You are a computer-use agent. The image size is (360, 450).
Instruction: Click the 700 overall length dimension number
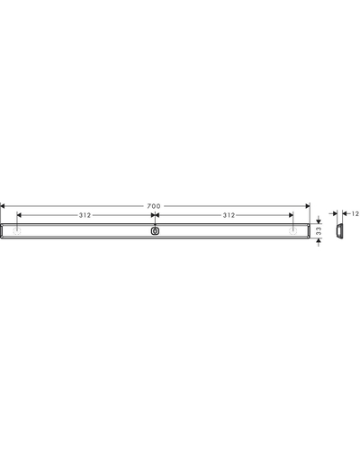point(154,206)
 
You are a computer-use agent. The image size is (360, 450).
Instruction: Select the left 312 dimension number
point(85,215)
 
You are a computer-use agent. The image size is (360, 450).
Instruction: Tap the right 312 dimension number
point(229,215)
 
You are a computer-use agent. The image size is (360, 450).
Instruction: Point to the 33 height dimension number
point(319,230)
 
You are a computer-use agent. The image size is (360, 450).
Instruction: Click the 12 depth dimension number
point(355,213)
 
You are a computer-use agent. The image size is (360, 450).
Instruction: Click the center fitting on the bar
point(155,231)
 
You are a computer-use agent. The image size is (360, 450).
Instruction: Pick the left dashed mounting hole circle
point(17,231)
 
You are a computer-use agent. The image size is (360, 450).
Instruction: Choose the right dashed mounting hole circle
point(292,231)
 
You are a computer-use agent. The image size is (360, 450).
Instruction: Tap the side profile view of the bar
point(339,231)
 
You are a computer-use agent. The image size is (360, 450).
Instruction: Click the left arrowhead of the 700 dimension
point(3,206)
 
